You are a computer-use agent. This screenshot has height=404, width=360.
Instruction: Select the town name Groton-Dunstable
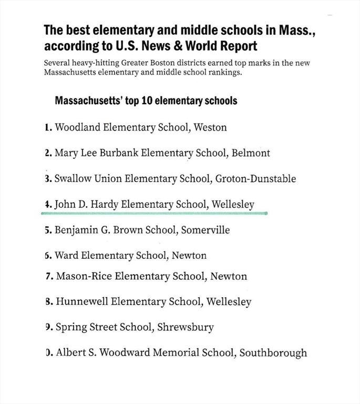click(x=255, y=178)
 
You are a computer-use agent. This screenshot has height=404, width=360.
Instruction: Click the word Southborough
click(x=273, y=352)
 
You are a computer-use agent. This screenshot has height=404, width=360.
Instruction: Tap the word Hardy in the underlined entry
click(x=103, y=204)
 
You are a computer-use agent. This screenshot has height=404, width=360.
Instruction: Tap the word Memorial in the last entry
click(x=179, y=352)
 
